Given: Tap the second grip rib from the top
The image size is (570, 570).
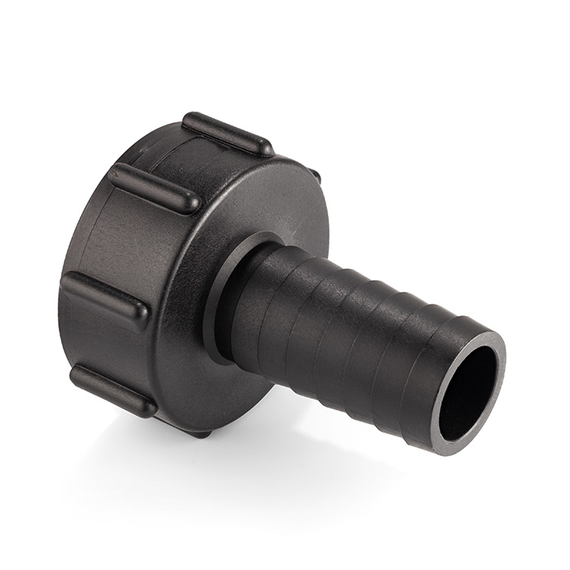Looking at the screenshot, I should tap(155, 187).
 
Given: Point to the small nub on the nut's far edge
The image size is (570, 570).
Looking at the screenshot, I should tap(314, 174).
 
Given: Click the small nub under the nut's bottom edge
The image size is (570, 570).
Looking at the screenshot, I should tap(200, 432).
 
